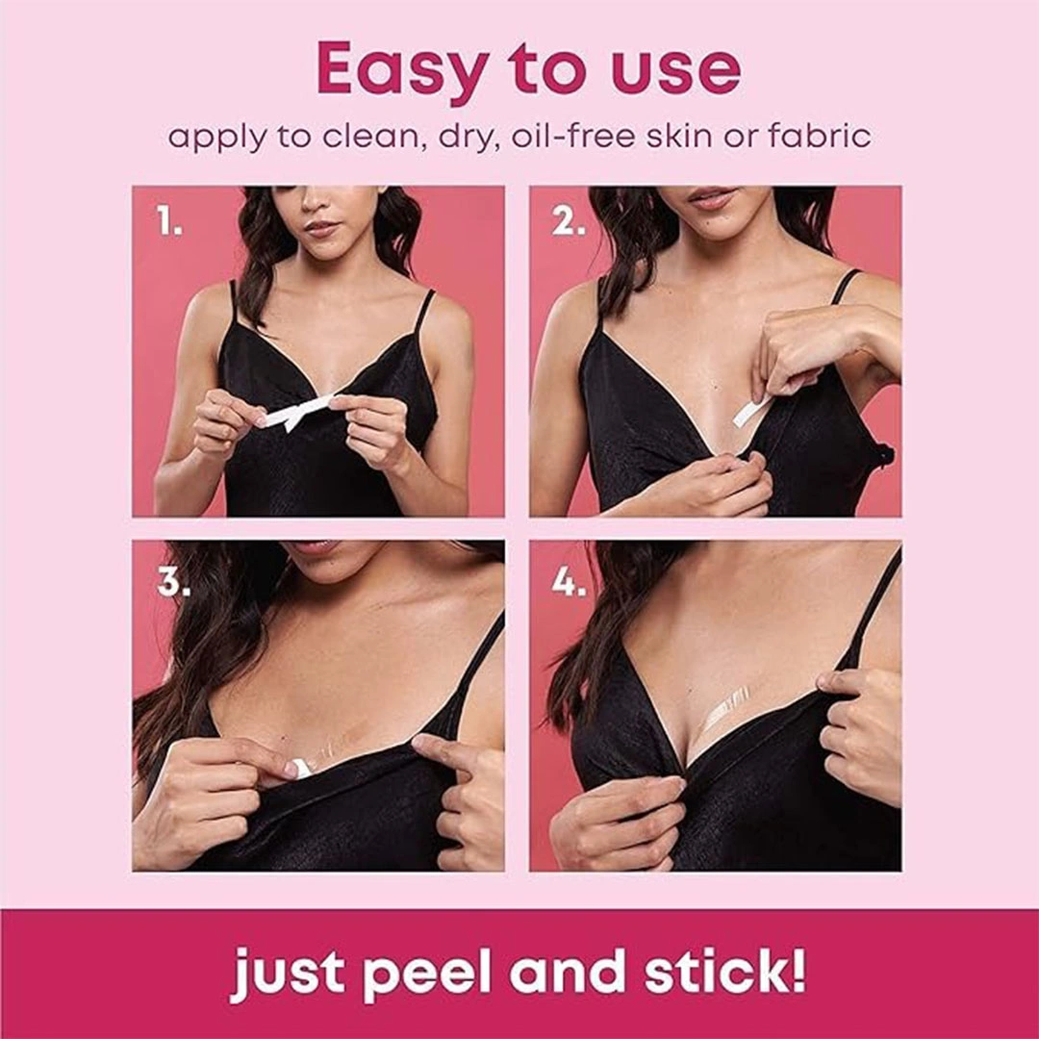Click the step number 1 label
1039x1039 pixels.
(x=169, y=222)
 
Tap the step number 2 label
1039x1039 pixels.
(x=569, y=222)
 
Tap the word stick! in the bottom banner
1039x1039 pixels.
(x=725, y=971)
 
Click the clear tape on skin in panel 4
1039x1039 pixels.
(x=725, y=717)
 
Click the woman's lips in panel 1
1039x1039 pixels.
(x=322, y=228)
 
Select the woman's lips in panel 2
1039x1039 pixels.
(x=708, y=195)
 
